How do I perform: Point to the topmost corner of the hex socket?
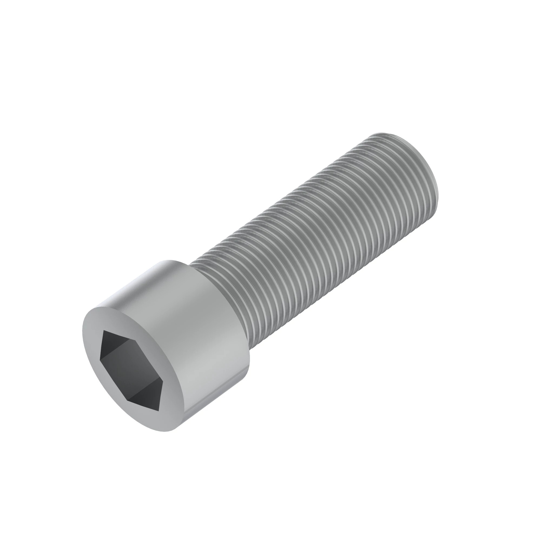104,331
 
